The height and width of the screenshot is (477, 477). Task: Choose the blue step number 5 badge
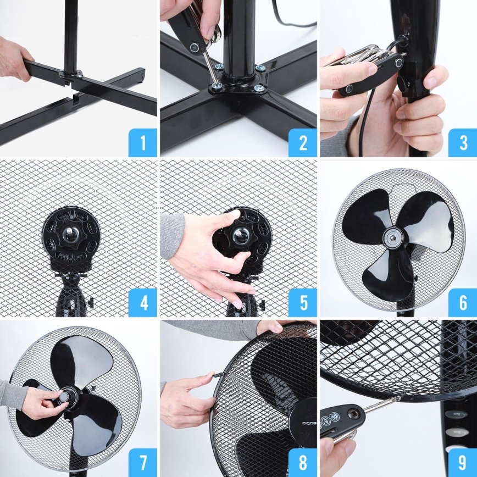tap(302, 303)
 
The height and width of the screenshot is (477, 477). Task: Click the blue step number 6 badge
tap(462, 303)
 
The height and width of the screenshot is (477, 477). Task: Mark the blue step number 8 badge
tap(302, 462)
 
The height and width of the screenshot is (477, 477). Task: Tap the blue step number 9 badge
tap(462, 462)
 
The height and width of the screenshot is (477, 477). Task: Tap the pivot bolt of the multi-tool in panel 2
tap(193, 48)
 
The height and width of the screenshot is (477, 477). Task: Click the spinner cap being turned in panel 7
tap(68, 397)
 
